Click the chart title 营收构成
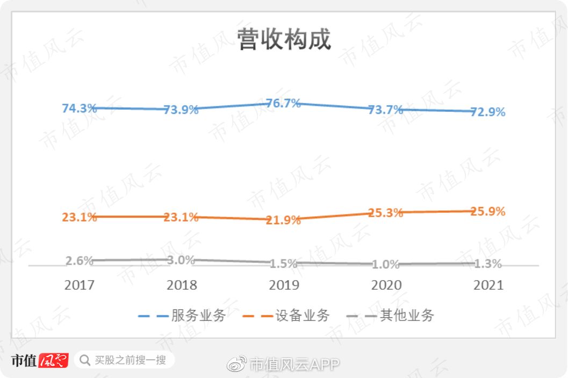(x=284, y=40)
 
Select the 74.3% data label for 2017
(x=79, y=108)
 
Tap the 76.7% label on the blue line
(x=283, y=103)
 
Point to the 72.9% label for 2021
(x=488, y=112)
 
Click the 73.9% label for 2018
(x=181, y=110)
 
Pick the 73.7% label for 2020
(x=386, y=110)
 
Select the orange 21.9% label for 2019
(x=283, y=220)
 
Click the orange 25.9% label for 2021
(x=488, y=212)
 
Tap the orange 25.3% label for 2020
(x=386, y=213)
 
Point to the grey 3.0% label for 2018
(x=181, y=260)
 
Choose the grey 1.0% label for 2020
(x=386, y=265)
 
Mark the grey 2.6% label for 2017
(x=79, y=261)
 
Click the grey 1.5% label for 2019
(x=283, y=264)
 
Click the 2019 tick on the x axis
(x=284, y=284)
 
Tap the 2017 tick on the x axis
(x=79, y=284)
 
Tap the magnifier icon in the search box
(x=84, y=360)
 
